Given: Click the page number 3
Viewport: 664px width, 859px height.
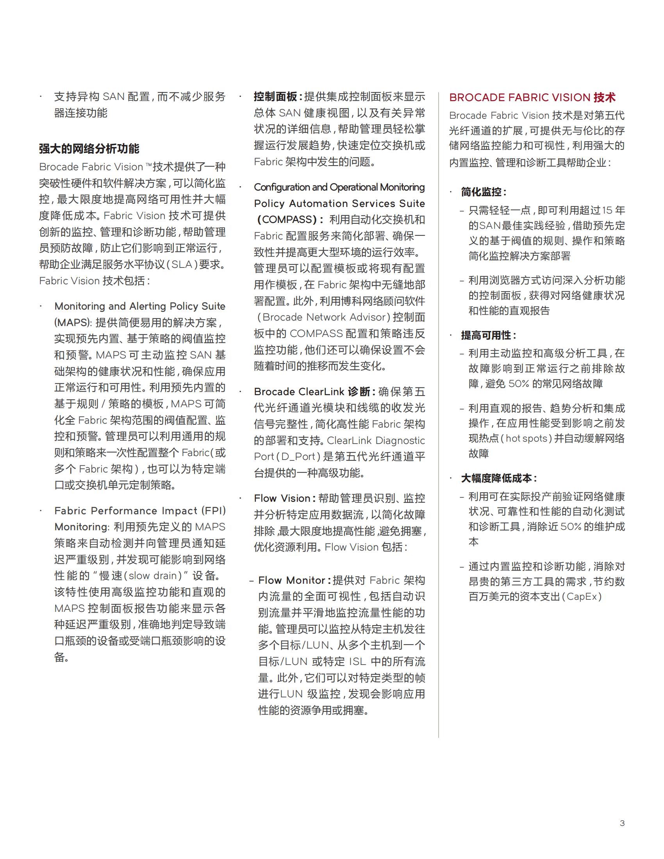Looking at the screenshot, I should (x=622, y=823).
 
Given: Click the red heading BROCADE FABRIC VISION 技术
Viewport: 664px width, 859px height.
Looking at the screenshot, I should (x=532, y=98).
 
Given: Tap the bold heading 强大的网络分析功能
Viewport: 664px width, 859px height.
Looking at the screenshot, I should (x=89, y=149).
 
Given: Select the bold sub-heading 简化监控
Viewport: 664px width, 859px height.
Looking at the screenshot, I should (x=483, y=192).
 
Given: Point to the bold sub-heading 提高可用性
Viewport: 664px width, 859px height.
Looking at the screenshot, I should (x=488, y=335).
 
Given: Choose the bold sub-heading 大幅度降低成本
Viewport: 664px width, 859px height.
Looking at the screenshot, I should (x=498, y=478).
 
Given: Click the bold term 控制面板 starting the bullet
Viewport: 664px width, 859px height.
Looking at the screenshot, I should (x=275, y=97).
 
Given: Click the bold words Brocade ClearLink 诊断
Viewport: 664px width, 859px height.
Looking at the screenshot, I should (x=312, y=392).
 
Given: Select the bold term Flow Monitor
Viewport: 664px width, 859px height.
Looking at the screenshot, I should (x=291, y=580).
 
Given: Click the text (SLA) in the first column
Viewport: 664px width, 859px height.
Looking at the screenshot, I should (x=182, y=264).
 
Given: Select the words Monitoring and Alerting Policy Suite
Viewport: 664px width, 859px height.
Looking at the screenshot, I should (x=140, y=306).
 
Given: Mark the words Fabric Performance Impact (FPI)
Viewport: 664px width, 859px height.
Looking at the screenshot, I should (x=140, y=511).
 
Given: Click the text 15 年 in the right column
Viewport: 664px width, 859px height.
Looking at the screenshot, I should (x=613, y=210).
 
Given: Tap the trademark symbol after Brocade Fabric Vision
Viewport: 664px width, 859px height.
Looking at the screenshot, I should (x=148, y=166).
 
